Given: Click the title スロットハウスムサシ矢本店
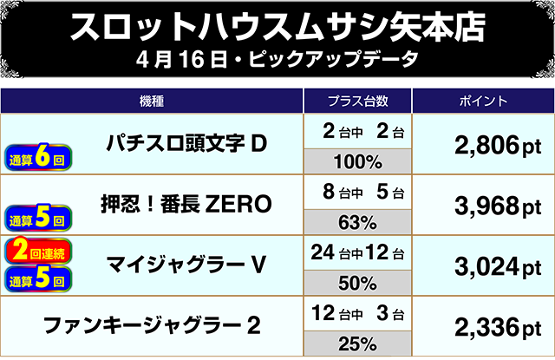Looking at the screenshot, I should [277, 28].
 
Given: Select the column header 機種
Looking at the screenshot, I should [152, 101].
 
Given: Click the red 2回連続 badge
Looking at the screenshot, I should [40, 251].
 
